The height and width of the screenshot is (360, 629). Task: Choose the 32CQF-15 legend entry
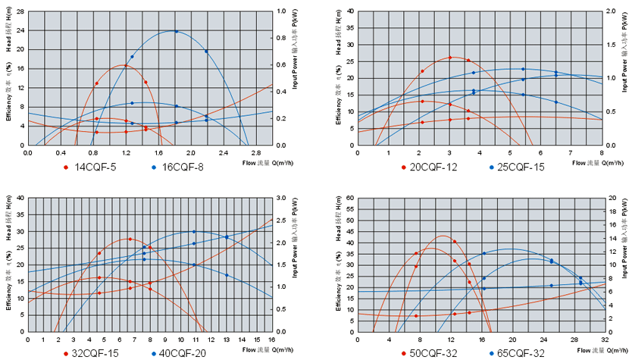tap(95, 353)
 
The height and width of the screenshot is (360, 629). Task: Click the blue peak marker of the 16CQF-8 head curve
tap(177, 31)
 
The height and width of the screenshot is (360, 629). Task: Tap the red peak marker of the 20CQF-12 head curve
tap(449, 58)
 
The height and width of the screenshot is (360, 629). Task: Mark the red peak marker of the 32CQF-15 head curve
tap(130, 239)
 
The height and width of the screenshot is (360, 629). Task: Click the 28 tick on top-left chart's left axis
tap(20, 11)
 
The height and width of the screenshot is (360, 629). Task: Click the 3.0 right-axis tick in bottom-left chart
tap(284, 198)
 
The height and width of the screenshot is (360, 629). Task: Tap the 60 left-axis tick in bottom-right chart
tap(349, 198)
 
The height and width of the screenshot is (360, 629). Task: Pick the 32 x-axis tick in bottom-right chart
tap(604, 339)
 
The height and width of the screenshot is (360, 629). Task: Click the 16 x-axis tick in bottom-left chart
tap(272, 339)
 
